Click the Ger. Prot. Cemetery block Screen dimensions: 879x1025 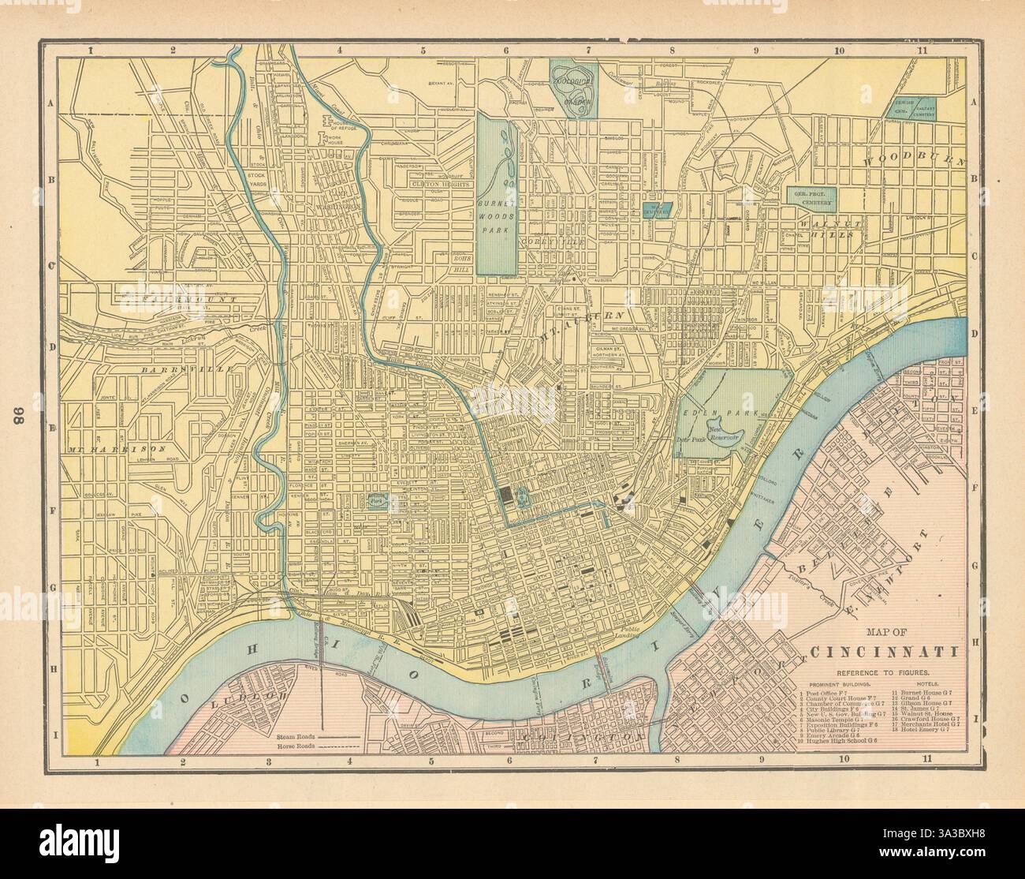click(812, 196)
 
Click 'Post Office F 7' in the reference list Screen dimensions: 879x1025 click(827, 692)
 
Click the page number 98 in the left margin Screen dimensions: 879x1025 click(19, 415)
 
